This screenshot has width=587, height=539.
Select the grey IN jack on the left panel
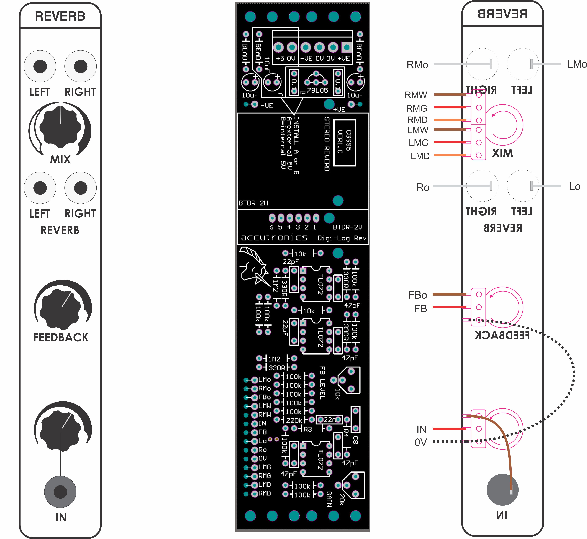point(60,492)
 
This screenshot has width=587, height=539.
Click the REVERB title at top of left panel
point(60,16)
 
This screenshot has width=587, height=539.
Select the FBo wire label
point(418,295)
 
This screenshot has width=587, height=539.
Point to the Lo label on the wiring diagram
point(574,186)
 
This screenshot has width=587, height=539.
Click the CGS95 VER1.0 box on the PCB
point(345,142)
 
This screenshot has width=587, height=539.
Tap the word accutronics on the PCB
point(274,238)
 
